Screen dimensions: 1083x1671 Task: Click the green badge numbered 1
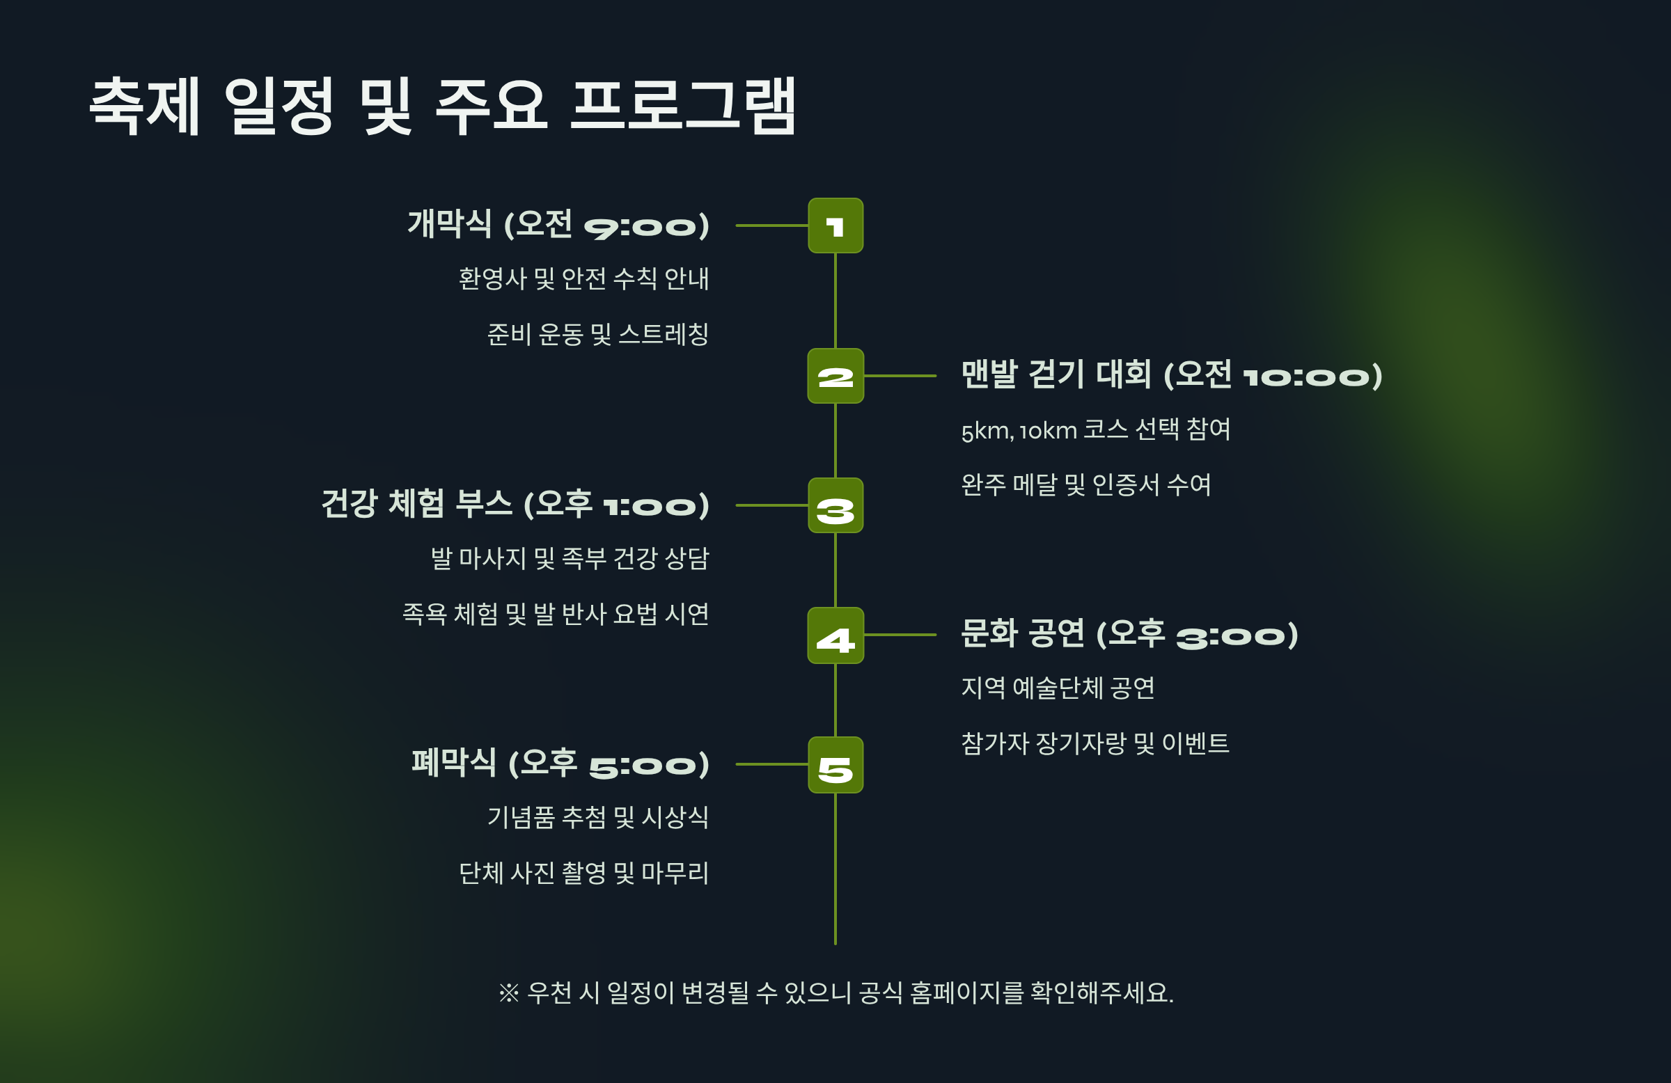(x=835, y=226)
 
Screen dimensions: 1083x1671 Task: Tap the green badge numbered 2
(x=835, y=377)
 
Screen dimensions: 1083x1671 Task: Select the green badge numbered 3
(x=835, y=505)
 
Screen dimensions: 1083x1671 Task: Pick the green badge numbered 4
(x=835, y=635)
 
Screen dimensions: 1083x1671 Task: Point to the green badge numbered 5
(x=835, y=765)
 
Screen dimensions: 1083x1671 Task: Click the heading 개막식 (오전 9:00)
(x=558, y=225)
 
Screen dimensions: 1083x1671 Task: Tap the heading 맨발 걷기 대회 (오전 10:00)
(x=1171, y=374)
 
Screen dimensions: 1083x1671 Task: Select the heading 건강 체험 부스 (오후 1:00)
(x=515, y=504)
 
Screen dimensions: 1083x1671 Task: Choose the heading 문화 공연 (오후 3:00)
(x=1129, y=634)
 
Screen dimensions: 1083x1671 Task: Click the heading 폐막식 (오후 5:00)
(x=560, y=763)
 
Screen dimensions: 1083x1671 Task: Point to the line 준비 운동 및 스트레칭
(x=597, y=334)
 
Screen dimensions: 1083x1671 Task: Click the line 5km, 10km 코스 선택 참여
(x=1095, y=429)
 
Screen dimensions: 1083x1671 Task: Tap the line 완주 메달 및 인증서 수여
(x=1085, y=484)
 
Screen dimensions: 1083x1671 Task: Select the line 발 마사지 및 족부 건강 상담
(x=570, y=559)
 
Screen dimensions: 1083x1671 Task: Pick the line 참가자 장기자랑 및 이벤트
(x=1095, y=743)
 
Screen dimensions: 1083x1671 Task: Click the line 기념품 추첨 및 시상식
(x=597, y=817)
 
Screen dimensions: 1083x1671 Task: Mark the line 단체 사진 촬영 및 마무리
(x=583, y=873)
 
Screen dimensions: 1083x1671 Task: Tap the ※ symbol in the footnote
(x=508, y=993)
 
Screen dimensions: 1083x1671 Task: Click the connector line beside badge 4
(x=900, y=635)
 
